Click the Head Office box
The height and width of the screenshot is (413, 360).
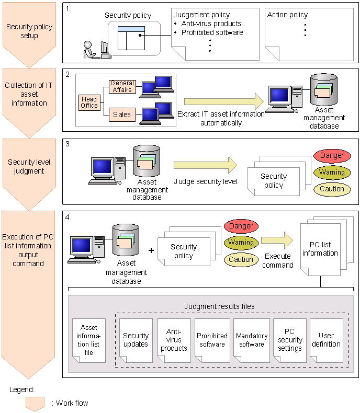[x=89, y=102]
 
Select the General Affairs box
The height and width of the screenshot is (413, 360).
[x=122, y=86]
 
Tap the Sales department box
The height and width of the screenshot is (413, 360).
[x=122, y=113]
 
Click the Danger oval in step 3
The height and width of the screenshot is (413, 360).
[x=332, y=155]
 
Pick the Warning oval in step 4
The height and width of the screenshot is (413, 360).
[x=241, y=243]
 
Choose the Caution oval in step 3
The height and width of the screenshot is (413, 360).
[x=332, y=189]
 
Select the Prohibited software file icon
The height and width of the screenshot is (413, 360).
[x=212, y=340]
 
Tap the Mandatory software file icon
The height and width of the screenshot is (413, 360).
[x=251, y=340]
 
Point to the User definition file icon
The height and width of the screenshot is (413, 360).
[x=326, y=340]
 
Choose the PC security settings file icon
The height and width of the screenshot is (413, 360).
[x=289, y=340]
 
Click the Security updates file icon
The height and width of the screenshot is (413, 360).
[x=136, y=340]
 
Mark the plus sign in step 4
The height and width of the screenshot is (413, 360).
[x=152, y=250]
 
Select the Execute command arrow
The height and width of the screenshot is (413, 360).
[x=277, y=240]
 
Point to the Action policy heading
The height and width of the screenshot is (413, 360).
[x=288, y=15]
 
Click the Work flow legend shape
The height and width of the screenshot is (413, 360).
[x=35, y=403]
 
